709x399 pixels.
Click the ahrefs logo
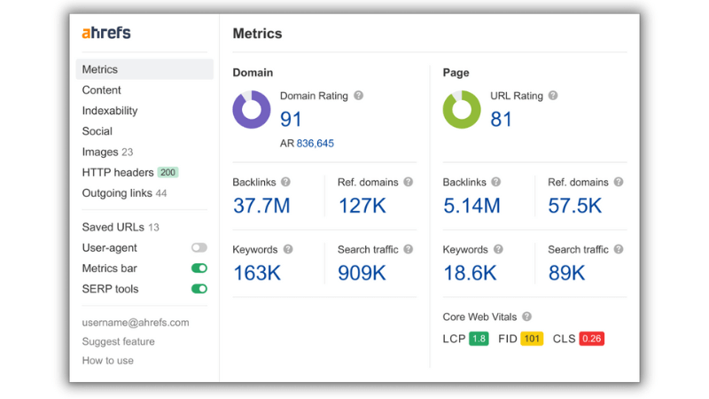(x=106, y=33)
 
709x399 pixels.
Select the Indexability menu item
(x=110, y=111)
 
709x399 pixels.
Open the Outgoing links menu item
(x=124, y=193)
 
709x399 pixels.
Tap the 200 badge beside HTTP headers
(x=168, y=172)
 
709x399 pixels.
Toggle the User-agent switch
(x=199, y=247)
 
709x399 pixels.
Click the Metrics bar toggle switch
(x=199, y=269)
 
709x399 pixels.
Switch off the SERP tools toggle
(x=199, y=289)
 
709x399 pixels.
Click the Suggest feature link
(x=119, y=341)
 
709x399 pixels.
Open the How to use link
(x=107, y=361)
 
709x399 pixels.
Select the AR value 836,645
(x=316, y=144)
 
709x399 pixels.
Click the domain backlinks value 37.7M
(x=261, y=206)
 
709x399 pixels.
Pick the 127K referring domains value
(x=362, y=206)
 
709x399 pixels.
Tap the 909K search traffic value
(x=362, y=273)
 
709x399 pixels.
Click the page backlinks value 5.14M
(x=471, y=206)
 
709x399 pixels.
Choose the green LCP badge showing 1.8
(x=479, y=339)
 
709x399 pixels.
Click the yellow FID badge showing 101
(x=532, y=339)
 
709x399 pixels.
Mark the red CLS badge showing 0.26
(x=591, y=339)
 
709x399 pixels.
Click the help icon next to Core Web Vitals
(x=526, y=317)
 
